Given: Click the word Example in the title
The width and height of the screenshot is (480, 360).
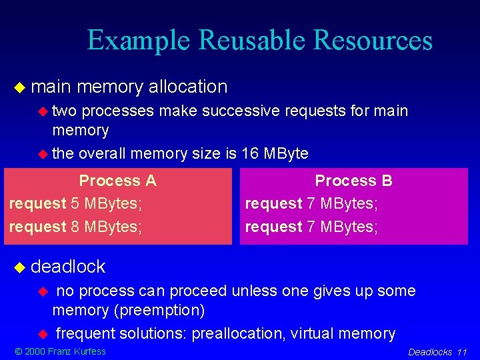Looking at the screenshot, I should (x=141, y=41).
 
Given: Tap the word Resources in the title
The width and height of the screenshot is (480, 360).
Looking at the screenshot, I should (x=374, y=41).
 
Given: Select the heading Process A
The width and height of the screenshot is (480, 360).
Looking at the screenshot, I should (x=117, y=181).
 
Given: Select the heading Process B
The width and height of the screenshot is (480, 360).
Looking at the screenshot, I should (x=353, y=181).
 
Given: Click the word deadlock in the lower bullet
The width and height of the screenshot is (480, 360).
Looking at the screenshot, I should (x=68, y=267).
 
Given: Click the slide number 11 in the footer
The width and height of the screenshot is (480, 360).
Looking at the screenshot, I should (x=462, y=352).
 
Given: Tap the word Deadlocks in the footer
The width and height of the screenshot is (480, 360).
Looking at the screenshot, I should (x=430, y=352).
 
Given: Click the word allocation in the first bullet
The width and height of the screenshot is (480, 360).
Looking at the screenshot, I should (x=187, y=87).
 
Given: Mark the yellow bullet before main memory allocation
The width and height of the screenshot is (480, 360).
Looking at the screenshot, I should (x=19, y=87).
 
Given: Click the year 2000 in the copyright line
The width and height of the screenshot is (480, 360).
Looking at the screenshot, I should (x=34, y=351).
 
